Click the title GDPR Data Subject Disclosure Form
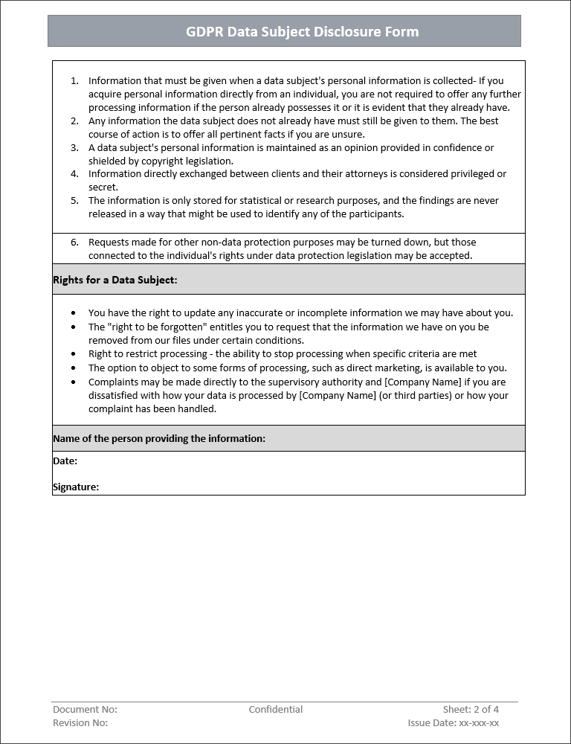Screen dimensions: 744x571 click(x=302, y=32)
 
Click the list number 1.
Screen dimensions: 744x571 click(x=74, y=80)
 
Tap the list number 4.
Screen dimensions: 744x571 click(x=74, y=174)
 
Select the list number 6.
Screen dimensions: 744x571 click(x=74, y=243)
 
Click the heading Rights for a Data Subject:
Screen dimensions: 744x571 click(x=114, y=280)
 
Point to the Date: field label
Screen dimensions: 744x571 click(x=65, y=461)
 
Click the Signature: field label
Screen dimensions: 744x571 click(x=76, y=487)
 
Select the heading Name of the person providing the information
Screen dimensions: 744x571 click(x=158, y=439)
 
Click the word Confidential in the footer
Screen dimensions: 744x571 click(x=276, y=710)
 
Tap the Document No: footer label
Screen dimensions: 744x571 click(x=85, y=710)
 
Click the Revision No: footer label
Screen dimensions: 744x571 click(x=80, y=723)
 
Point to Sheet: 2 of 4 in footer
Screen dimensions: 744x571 click(x=471, y=710)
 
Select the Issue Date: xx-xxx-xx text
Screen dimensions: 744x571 click(x=453, y=723)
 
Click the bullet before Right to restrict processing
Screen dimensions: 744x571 click(x=72, y=355)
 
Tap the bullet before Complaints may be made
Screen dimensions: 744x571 click(x=72, y=382)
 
